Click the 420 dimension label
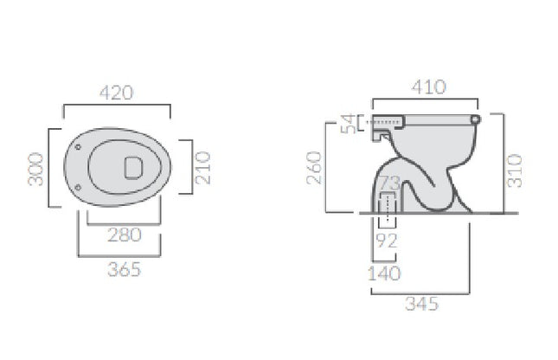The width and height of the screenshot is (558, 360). [117, 93]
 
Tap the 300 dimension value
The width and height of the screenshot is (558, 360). [35, 169]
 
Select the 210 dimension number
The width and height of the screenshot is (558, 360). [202, 168]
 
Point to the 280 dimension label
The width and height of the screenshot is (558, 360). [125, 235]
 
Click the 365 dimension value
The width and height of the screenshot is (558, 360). [125, 269]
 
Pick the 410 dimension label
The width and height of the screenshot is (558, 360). [428, 87]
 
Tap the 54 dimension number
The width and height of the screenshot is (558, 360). [348, 123]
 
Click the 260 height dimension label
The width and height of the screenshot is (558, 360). [314, 168]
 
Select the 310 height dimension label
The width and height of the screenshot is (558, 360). [515, 170]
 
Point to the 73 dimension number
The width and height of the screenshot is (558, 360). [388, 183]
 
